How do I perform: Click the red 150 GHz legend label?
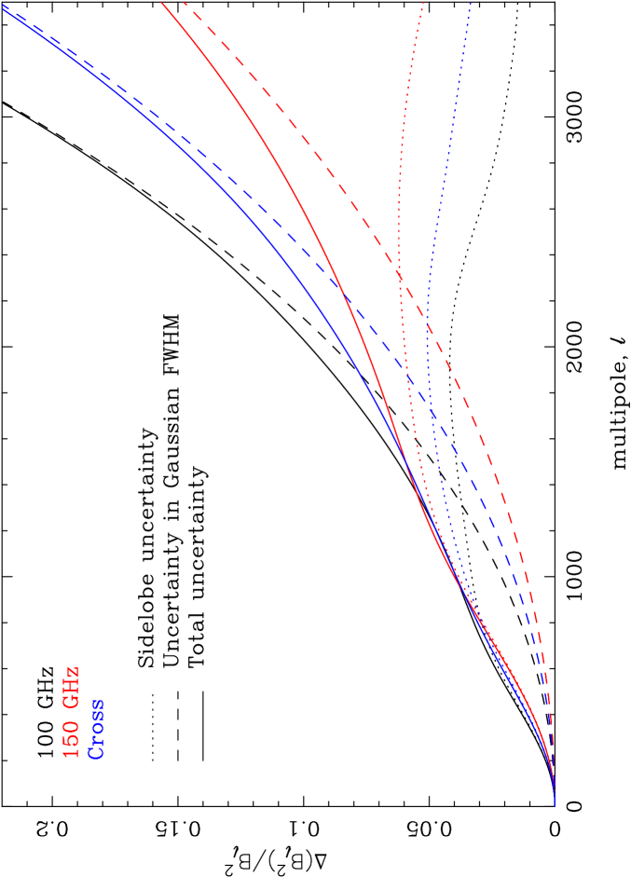tap(72, 712)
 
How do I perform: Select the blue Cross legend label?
tap(96, 729)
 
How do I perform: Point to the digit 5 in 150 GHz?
tap(72, 738)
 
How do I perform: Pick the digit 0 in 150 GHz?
tap(72, 724)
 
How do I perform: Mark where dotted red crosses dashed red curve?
tap(400, 273)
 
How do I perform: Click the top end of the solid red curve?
tap(161, 2)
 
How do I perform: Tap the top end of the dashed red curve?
tap(184, 2)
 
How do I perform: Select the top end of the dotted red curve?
tap(424, 2)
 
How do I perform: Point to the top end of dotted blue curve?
tap(471, 2)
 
